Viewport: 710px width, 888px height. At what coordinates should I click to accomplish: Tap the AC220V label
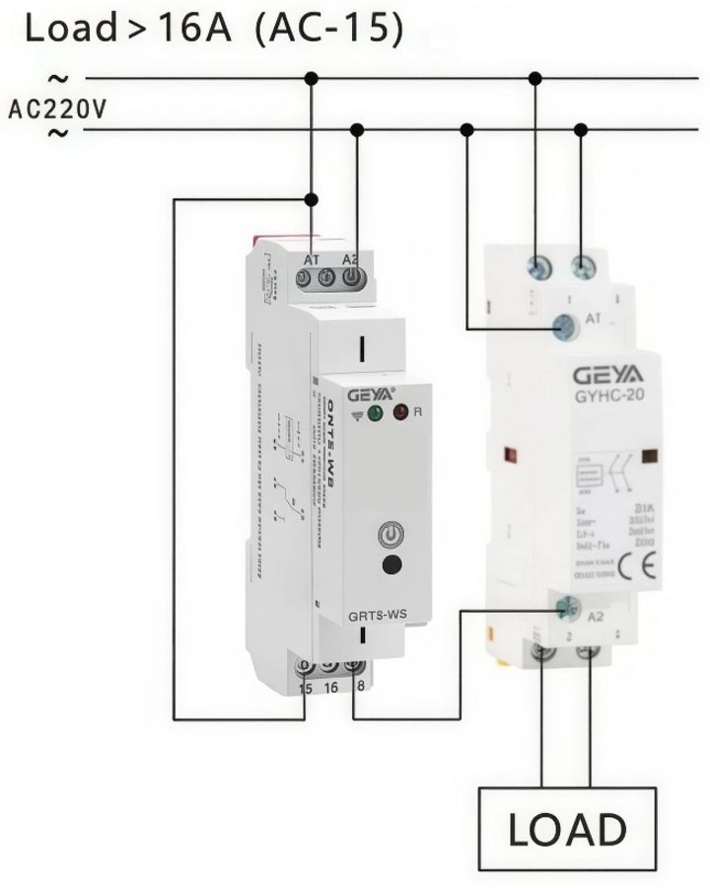[x=55, y=107]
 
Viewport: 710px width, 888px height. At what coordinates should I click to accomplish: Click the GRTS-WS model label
[x=379, y=619]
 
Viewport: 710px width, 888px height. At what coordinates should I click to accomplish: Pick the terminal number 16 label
[x=330, y=687]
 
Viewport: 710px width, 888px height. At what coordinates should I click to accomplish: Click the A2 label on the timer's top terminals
[x=350, y=259]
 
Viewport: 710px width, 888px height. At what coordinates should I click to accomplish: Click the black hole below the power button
[x=392, y=566]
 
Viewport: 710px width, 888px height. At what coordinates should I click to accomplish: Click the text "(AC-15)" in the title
[x=328, y=29]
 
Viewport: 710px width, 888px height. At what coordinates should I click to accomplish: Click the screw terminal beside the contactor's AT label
[x=565, y=324]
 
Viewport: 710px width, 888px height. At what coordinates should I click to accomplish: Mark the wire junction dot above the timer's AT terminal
[x=312, y=199]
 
